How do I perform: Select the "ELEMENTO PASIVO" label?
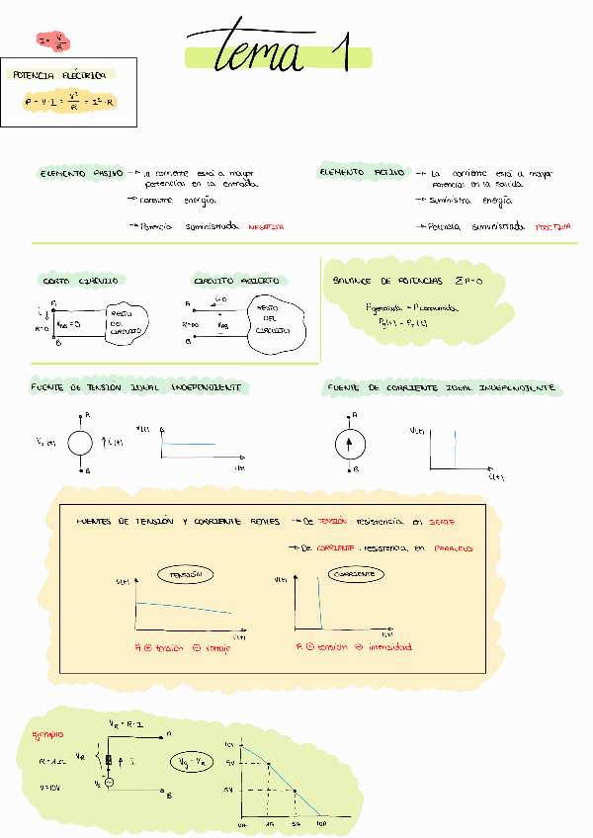click(81, 173)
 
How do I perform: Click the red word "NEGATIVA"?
click(266, 226)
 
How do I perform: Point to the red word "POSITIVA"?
click(552, 226)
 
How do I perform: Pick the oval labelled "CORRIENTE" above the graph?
click(357, 574)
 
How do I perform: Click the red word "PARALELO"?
click(457, 547)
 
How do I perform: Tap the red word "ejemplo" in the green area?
click(47, 735)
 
